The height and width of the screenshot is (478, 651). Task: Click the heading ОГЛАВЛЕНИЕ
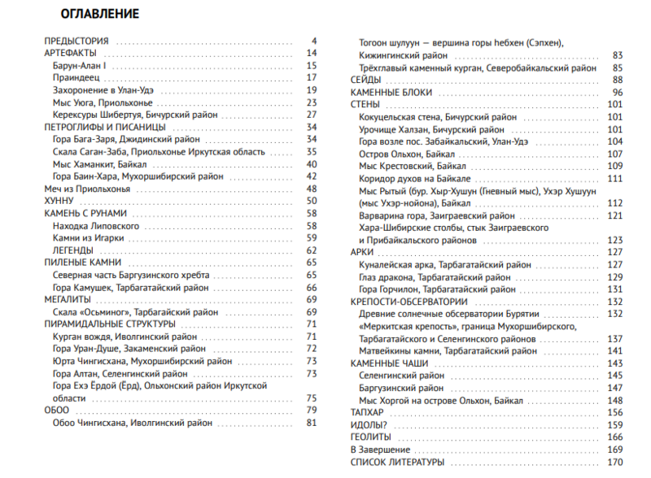(100, 14)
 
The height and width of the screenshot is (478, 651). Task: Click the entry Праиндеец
(76, 78)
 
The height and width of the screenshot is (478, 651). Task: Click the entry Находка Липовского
(95, 225)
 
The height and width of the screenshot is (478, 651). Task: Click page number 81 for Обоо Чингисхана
(310, 423)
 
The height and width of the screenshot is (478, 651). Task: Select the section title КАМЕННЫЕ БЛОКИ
(383, 93)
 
